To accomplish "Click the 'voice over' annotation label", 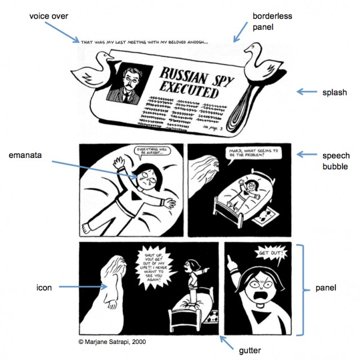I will point(48,16).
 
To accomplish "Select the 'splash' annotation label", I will point(334,92).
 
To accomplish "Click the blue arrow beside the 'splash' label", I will point(306,92).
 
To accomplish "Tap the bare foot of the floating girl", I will point(85,227).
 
